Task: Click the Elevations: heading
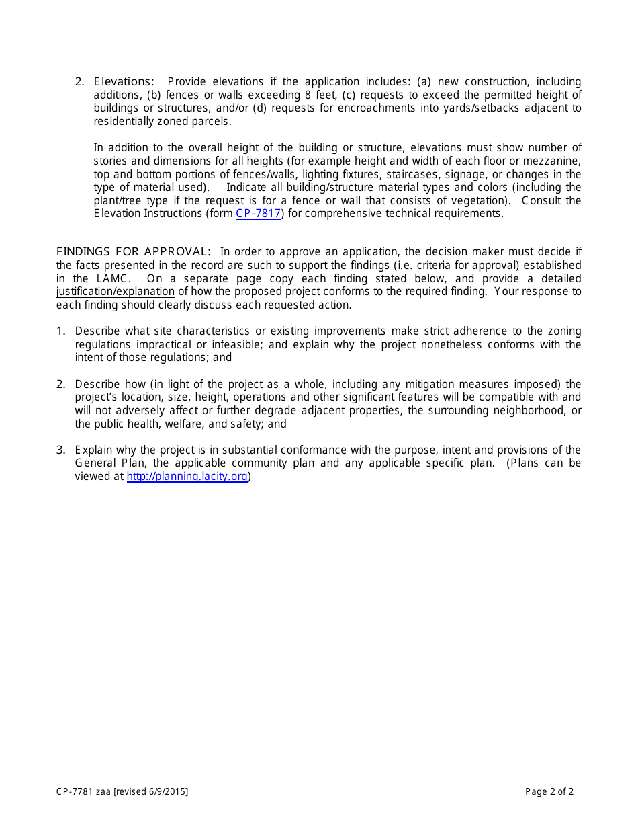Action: (x=124, y=82)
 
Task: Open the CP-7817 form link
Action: (x=259, y=214)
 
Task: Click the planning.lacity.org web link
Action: (x=187, y=477)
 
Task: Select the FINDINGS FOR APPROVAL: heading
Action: (x=133, y=252)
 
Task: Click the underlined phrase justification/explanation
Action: (x=115, y=292)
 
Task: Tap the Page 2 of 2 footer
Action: (x=549, y=791)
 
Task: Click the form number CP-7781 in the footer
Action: (x=75, y=791)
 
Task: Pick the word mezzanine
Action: (x=554, y=161)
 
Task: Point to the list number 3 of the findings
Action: (x=60, y=450)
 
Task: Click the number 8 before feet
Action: (x=308, y=95)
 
